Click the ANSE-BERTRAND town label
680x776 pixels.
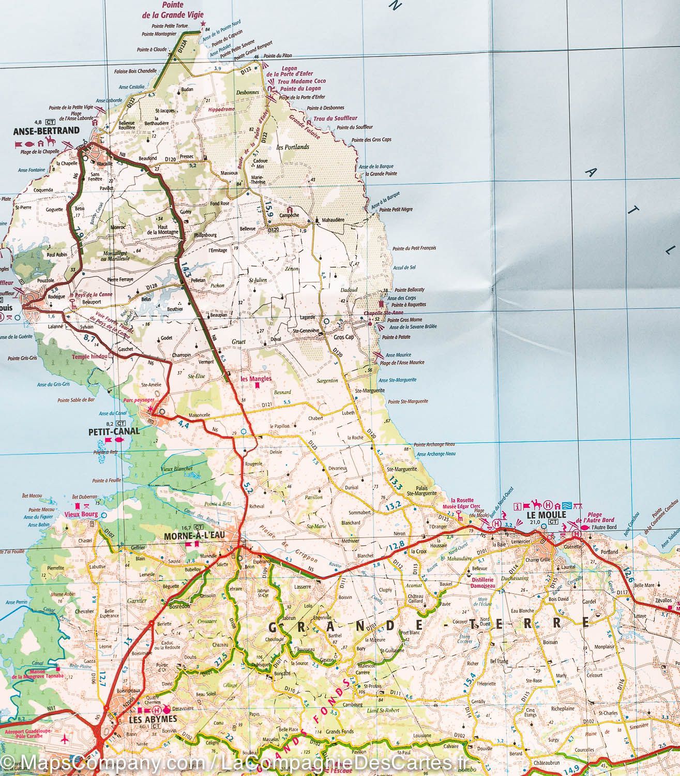(42, 131)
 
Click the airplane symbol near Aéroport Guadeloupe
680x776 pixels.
(64, 739)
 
